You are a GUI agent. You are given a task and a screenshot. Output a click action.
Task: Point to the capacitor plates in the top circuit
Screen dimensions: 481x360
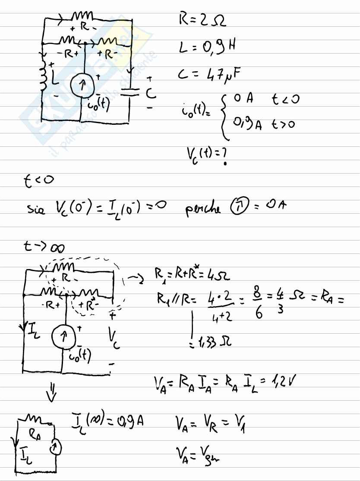pyautogui.click(x=130, y=92)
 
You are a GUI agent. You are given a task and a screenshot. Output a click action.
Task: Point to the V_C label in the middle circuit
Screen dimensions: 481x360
pyautogui.click(x=115, y=339)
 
